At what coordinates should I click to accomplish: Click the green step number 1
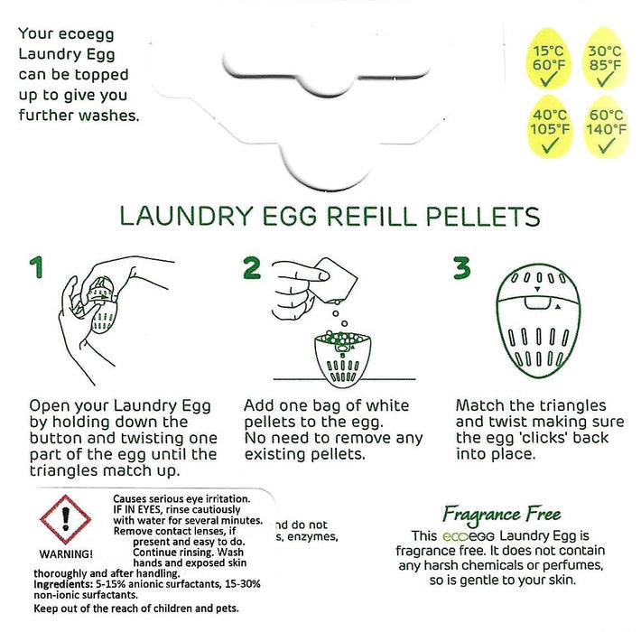pos(35,268)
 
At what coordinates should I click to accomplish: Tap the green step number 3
pos(462,268)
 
